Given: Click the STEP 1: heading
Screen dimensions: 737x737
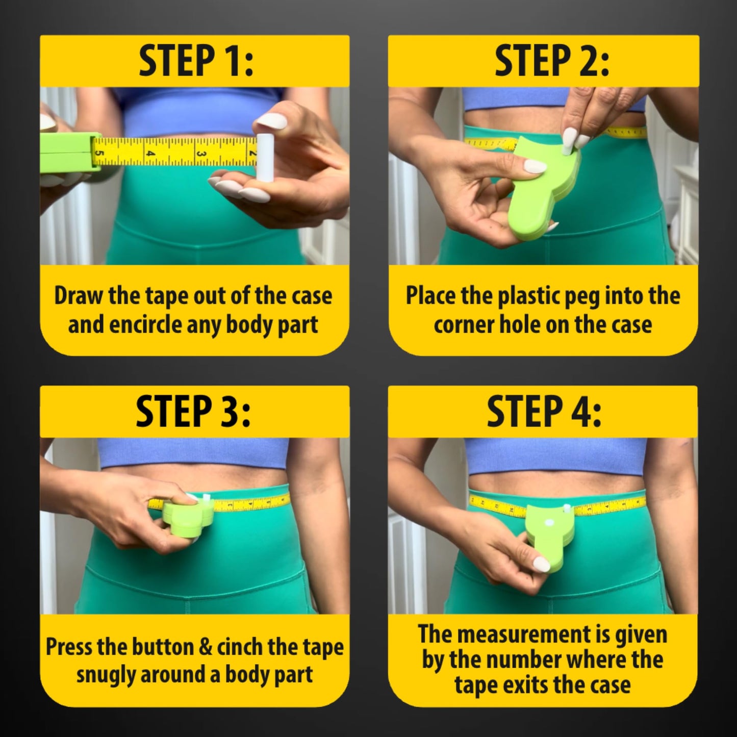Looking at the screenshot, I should coord(195,61).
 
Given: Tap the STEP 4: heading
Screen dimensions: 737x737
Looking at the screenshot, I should coord(544,412).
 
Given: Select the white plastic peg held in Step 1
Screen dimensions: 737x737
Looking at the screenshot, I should coord(263,157).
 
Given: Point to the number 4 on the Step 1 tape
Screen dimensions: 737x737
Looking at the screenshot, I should coord(150,153).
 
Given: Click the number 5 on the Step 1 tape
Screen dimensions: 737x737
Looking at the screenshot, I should coord(99,153).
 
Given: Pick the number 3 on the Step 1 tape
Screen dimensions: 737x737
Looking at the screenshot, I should coord(201,154).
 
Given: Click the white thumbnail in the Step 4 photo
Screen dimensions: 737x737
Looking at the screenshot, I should coord(541,564).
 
